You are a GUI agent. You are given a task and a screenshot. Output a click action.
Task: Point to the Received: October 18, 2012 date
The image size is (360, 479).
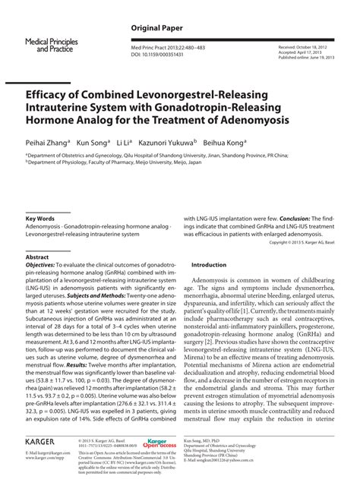(299, 46)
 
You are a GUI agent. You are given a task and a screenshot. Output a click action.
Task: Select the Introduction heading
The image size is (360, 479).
(214, 264)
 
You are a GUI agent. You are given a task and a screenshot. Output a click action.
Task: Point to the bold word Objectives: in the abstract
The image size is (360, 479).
(43, 267)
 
